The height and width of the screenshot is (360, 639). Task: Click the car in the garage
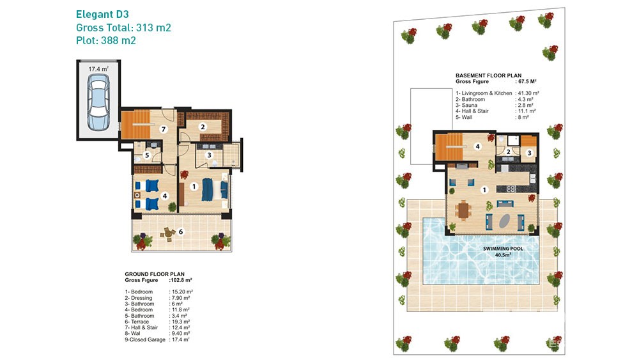(x=98, y=103)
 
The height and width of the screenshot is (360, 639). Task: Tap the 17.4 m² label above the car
(x=98, y=69)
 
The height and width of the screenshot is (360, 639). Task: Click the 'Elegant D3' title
(x=102, y=14)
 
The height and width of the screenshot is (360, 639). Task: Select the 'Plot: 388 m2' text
(x=106, y=40)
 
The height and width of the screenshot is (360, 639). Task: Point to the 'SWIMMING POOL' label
(x=503, y=248)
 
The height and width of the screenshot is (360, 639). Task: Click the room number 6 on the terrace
(x=181, y=231)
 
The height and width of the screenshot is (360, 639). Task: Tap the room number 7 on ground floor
(x=164, y=129)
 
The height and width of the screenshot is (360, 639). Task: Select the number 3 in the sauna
(x=529, y=153)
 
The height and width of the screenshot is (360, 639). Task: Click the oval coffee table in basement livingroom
(x=505, y=221)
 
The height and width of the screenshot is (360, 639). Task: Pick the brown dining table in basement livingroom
(x=463, y=211)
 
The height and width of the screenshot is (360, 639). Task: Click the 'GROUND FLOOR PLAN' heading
(x=155, y=274)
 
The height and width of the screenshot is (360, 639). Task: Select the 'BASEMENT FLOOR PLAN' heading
(x=488, y=75)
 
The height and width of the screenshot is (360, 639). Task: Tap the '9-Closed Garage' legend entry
(x=145, y=340)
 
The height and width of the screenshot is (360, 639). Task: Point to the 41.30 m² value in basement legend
(x=528, y=93)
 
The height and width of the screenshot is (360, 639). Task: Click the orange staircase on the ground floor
(x=133, y=124)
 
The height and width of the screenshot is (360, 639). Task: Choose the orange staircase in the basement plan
(x=450, y=146)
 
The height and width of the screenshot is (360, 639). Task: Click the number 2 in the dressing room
(x=203, y=127)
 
